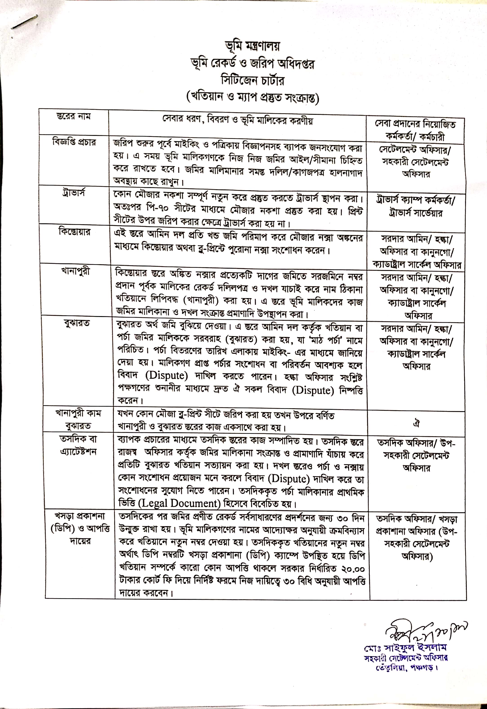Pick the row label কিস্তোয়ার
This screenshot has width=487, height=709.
click(74, 232)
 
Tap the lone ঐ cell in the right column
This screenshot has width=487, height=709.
click(417, 423)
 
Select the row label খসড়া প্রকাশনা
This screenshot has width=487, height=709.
click(80, 516)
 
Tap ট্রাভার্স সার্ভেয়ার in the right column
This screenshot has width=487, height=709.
click(416, 213)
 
